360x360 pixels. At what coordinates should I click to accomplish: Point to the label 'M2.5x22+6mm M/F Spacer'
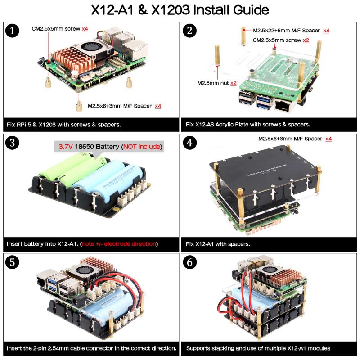click(x=286, y=31)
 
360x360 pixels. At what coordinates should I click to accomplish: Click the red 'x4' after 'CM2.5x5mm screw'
click(x=85, y=29)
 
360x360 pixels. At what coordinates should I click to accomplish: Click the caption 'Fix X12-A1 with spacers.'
click(x=218, y=244)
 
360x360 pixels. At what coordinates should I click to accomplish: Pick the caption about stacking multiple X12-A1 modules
click(x=258, y=348)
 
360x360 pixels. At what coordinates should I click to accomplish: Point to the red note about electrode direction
click(x=119, y=244)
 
